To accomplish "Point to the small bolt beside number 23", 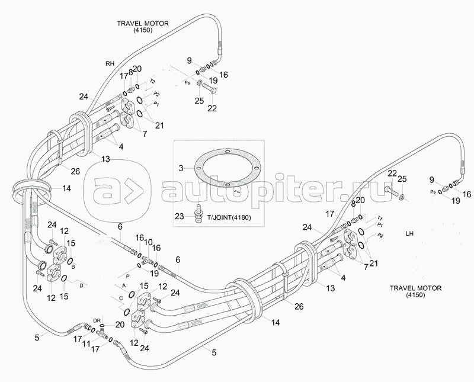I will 197,211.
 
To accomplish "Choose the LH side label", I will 409,233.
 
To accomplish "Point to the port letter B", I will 73,267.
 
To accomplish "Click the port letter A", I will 116,285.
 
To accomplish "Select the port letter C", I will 120,298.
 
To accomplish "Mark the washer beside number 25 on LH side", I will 403,196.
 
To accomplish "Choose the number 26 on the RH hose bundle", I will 75,172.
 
